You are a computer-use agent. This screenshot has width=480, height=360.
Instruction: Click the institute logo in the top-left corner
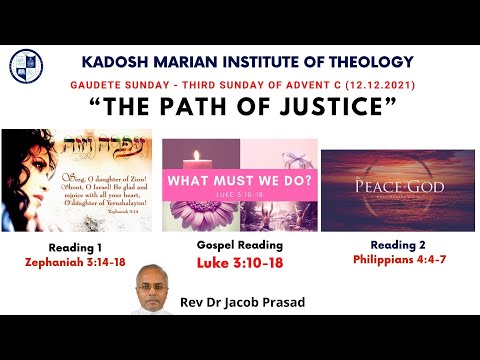26,66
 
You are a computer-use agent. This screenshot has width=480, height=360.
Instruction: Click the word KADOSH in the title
112,61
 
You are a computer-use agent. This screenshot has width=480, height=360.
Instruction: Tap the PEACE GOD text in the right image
396,188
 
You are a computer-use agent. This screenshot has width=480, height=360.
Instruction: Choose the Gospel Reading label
239,244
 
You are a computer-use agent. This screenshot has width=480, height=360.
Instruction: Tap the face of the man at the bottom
150,286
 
